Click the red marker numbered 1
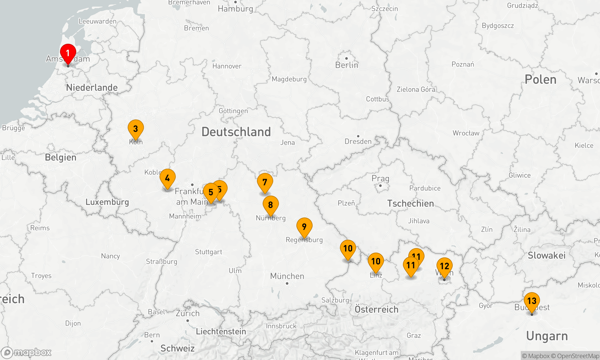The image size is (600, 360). [x=68, y=53]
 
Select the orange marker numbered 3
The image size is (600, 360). [x=136, y=129]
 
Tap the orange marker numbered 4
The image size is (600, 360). [x=167, y=178]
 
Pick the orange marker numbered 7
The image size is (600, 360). [x=265, y=182]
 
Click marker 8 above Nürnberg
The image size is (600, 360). [x=271, y=205]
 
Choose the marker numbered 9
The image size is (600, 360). [x=304, y=227]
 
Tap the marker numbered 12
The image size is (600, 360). [x=444, y=266]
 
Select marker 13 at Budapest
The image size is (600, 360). [x=532, y=301]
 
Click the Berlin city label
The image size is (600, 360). [x=346, y=65]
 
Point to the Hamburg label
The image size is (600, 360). [x=235, y=9]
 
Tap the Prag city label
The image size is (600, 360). [x=380, y=178]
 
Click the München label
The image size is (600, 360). [x=287, y=276]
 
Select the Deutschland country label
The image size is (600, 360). [x=236, y=132]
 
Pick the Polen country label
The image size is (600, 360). [x=540, y=79]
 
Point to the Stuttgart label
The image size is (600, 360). [x=208, y=252]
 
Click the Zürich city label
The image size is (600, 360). [x=187, y=313]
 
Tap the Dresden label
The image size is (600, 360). [x=358, y=141]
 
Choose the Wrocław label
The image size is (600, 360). [x=466, y=133]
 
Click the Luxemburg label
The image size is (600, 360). [x=107, y=202]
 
